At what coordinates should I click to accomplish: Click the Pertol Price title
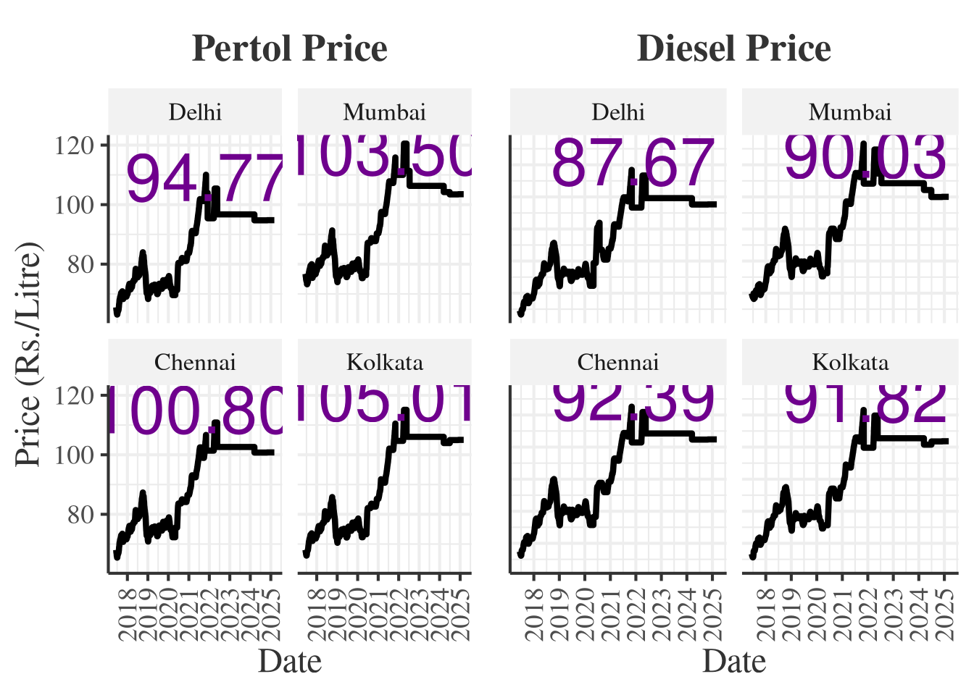[x=290, y=49]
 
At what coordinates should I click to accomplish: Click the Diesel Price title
[x=733, y=49]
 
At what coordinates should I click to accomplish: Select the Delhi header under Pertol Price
[x=195, y=112]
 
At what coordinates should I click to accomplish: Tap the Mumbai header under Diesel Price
[x=850, y=112]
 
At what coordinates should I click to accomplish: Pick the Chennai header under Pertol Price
[x=195, y=362]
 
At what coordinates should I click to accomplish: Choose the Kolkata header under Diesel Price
[x=850, y=362]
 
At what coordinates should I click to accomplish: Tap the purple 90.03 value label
[x=865, y=157]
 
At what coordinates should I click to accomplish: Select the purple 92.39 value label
[x=633, y=403]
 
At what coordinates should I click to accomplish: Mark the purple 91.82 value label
[x=865, y=403]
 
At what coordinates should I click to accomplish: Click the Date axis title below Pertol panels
[x=290, y=662]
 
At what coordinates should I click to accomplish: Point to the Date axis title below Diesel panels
[x=733, y=662]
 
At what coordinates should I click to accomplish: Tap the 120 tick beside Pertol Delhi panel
[x=75, y=146]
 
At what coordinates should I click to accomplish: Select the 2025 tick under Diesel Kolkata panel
[x=944, y=615]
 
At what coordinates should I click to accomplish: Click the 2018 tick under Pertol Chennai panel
[x=128, y=615]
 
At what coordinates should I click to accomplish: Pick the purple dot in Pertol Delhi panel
[x=208, y=197]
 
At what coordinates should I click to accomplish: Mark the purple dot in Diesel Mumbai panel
[x=865, y=174]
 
